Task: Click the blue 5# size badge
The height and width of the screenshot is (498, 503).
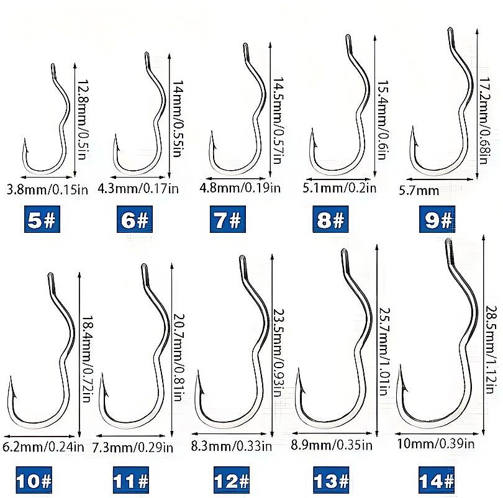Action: (42, 220)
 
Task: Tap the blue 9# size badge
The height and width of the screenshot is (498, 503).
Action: (437, 220)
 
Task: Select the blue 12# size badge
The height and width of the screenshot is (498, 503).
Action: (231, 480)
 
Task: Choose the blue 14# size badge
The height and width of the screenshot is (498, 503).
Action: (437, 480)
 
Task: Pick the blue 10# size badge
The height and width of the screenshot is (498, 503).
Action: (34, 480)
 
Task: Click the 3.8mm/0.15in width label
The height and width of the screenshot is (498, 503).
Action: (47, 189)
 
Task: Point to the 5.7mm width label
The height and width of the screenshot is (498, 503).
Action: (419, 191)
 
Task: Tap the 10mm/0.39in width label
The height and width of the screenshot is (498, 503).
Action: (436, 444)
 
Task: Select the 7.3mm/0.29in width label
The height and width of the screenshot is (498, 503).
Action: (133, 447)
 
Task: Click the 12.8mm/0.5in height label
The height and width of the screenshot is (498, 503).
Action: (83, 120)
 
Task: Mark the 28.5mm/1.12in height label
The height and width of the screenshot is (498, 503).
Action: (492, 350)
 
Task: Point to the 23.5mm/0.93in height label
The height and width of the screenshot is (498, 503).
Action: (279, 353)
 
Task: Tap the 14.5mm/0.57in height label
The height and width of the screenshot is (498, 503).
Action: (279, 120)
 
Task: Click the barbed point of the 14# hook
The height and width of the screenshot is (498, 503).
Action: (400, 366)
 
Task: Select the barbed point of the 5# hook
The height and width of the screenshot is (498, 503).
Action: (24, 140)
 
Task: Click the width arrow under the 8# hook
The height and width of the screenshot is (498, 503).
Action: (338, 179)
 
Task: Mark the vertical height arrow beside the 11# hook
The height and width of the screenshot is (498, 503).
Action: (172, 349)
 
